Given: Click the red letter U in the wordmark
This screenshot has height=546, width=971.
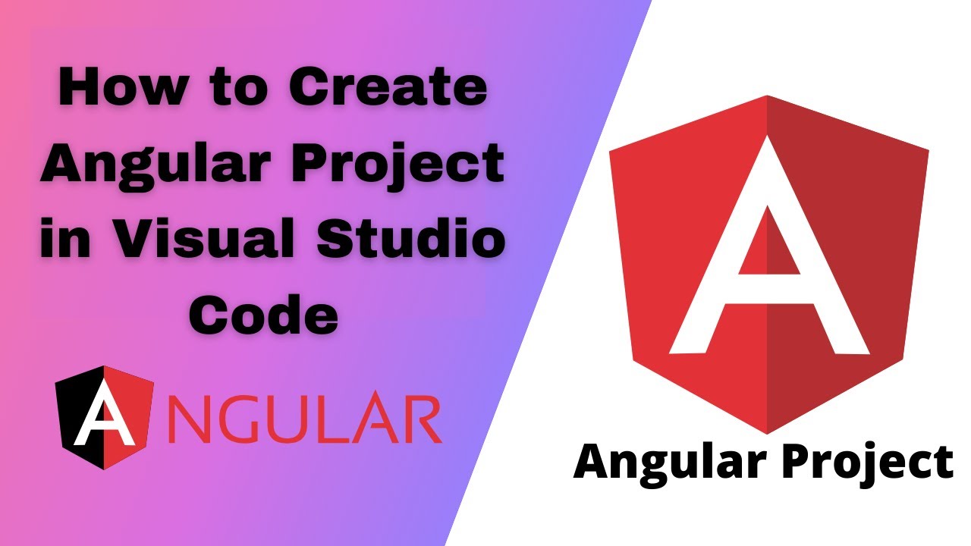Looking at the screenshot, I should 287,419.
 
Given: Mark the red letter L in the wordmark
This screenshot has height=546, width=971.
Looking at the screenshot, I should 329,419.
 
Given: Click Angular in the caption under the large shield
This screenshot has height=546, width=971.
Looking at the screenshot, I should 668,463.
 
